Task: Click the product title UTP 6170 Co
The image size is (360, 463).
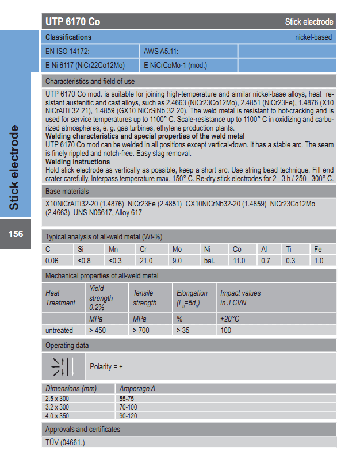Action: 72,22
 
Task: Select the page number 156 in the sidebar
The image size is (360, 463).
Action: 16,234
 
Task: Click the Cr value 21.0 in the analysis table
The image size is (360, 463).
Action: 147,261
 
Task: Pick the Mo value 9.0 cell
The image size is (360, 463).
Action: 178,261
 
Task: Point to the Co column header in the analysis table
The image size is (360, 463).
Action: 237,249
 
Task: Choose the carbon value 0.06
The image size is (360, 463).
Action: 52,261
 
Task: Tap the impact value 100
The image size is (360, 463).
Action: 225,330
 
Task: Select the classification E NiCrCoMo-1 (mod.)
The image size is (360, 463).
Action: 175,65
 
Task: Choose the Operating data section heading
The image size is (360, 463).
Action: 67,345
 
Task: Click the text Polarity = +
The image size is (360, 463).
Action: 106,366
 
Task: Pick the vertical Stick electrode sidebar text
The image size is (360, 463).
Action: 15,167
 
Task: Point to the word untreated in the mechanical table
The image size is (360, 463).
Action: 59,330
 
